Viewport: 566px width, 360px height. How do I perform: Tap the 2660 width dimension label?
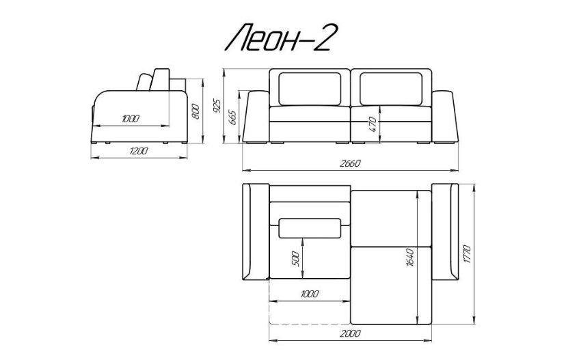point(350,163)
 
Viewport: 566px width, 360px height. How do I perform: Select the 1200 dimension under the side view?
point(139,151)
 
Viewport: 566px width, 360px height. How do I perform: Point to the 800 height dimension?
point(196,111)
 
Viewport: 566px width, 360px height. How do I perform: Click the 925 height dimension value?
point(217,105)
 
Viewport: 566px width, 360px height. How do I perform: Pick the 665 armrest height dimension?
point(232,117)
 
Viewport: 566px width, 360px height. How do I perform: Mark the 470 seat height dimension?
point(373,124)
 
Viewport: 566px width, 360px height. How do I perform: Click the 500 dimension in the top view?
point(295,259)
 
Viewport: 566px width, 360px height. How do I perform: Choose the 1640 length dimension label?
point(410,258)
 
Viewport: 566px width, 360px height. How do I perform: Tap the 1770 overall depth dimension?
point(467,254)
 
